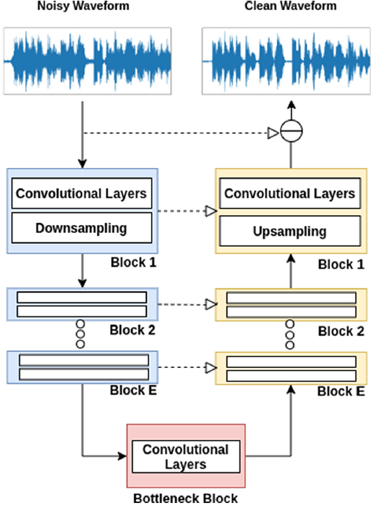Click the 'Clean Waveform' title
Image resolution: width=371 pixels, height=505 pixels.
(290, 7)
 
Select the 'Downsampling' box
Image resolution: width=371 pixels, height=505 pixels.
(81, 228)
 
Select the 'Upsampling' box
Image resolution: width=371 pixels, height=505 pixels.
(290, 232)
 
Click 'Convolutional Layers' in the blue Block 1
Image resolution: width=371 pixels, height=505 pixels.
(81, 194)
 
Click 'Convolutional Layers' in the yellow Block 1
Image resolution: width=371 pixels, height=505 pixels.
(290, 194)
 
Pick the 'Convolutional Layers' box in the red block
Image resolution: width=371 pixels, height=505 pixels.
(185, 457)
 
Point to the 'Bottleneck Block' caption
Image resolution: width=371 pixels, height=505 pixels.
(185, 498)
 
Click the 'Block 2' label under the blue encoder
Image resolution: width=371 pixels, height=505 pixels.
(131, 329)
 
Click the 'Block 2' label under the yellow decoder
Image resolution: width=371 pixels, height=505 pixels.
(341, 331)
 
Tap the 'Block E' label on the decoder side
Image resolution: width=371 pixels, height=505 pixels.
(341, 391)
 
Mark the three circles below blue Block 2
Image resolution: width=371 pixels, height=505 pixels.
(81, 334)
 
